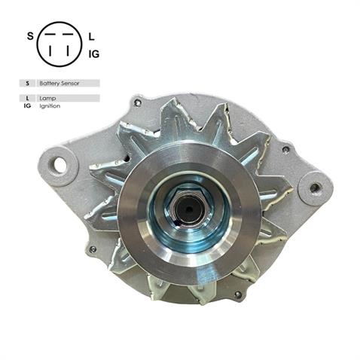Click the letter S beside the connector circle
(30, 36)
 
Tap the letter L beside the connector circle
(92, 35)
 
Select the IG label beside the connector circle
(94, 53)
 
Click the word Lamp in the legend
(47, 98)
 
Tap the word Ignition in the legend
(50, 106)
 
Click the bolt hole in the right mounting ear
(315, 188)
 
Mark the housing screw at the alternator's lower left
(93, 249)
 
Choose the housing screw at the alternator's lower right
(238, 294)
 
